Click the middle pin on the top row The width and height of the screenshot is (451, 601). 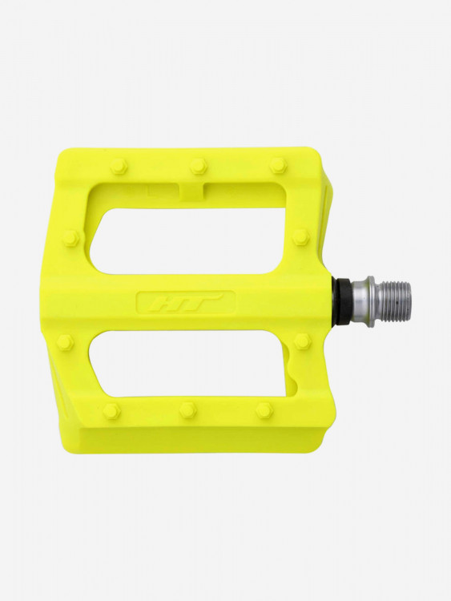point(197,166)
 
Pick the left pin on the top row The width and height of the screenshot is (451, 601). point(118,167)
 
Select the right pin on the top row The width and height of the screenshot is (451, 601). point(278,165)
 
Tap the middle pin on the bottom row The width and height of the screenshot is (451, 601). point(187,409)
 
